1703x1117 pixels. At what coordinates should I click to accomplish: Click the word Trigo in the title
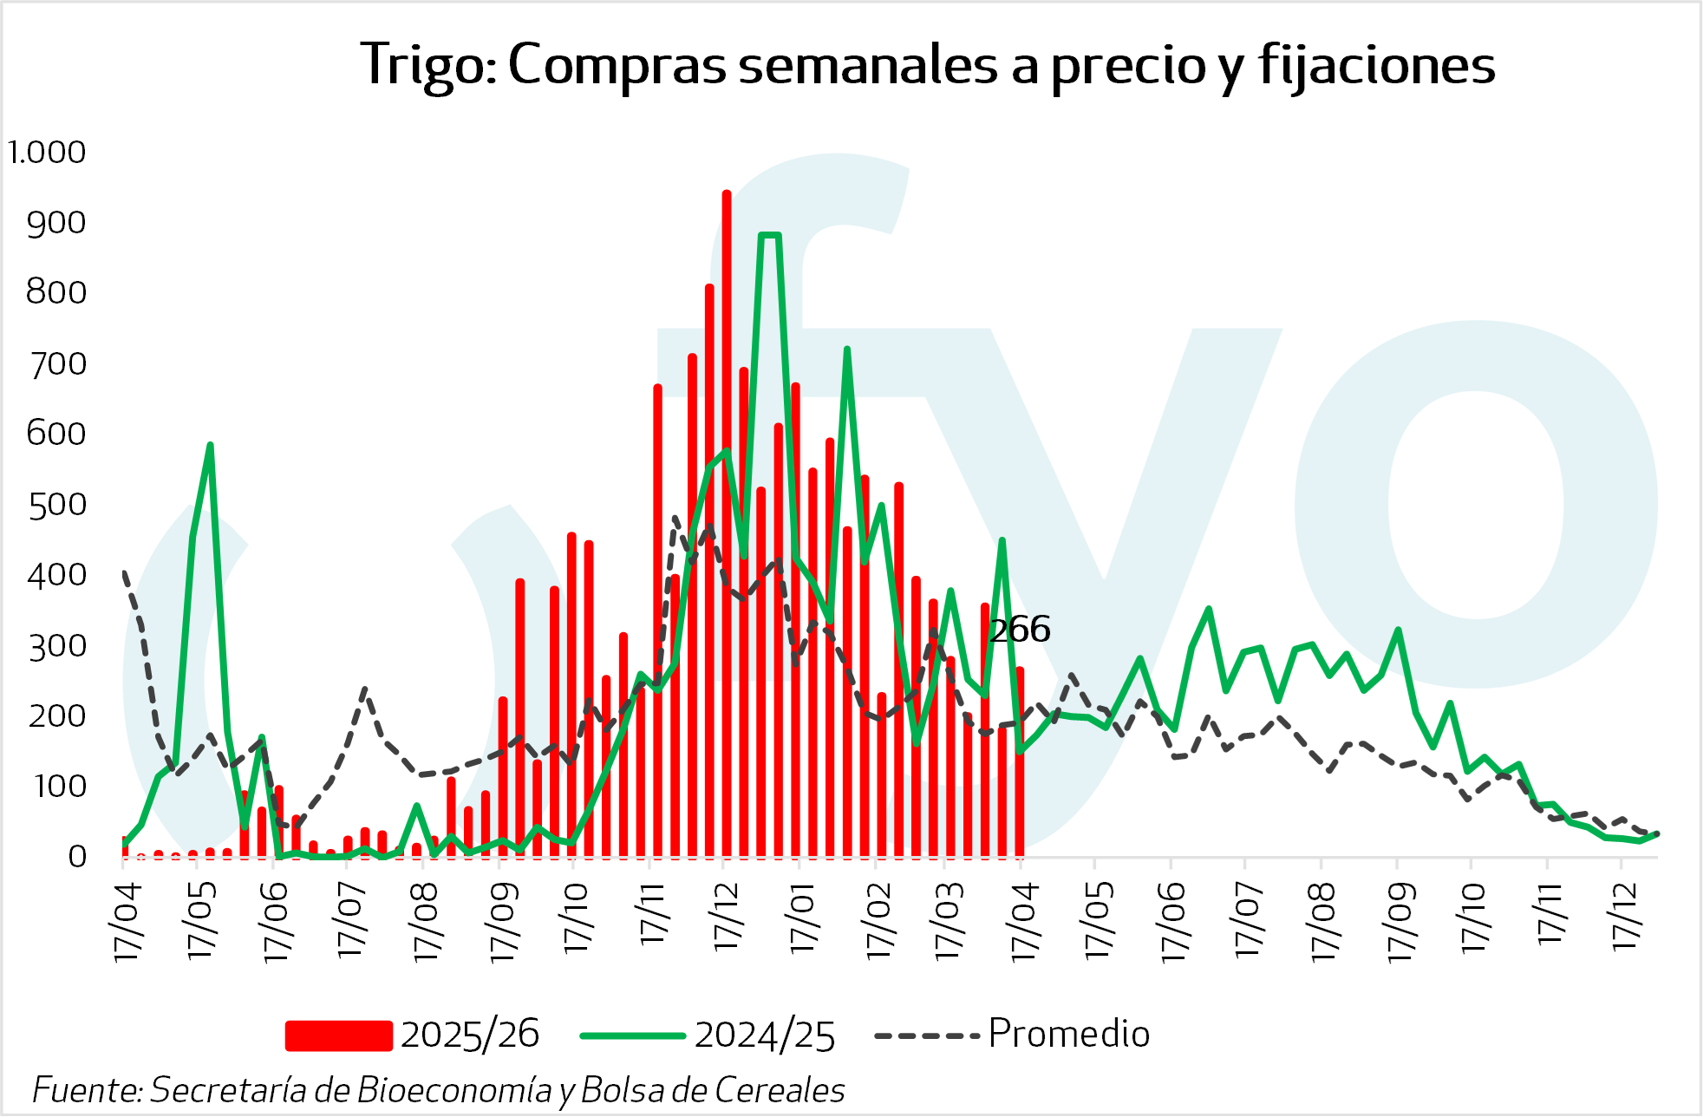click(427, 66)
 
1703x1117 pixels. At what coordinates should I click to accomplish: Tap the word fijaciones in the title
click(1376, 66)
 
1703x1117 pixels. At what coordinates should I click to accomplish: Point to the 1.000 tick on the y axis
click(47, 153)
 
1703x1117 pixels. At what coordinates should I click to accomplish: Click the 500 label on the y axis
click(57, 505)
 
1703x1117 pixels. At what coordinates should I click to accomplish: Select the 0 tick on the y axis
click(77, 857)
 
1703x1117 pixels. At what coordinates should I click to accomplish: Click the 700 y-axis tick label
click(57, 364)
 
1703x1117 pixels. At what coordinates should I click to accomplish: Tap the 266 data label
click(1020, 630)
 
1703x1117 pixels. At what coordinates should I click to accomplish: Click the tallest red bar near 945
click(727, 520)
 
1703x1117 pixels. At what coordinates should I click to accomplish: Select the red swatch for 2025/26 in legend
click(338, 1035)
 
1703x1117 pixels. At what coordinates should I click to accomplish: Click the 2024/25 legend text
click(765, 1035)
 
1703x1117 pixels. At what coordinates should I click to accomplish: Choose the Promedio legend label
click(1068, 1034)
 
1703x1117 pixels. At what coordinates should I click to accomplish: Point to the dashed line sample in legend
click(928, 1035)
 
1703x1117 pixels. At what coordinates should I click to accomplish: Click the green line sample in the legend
click(633, 1035)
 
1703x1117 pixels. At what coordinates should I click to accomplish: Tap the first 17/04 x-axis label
click(127, 921)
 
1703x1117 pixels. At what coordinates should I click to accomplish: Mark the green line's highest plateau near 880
click(770, 235)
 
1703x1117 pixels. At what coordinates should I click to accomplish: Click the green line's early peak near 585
click(210, 446)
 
